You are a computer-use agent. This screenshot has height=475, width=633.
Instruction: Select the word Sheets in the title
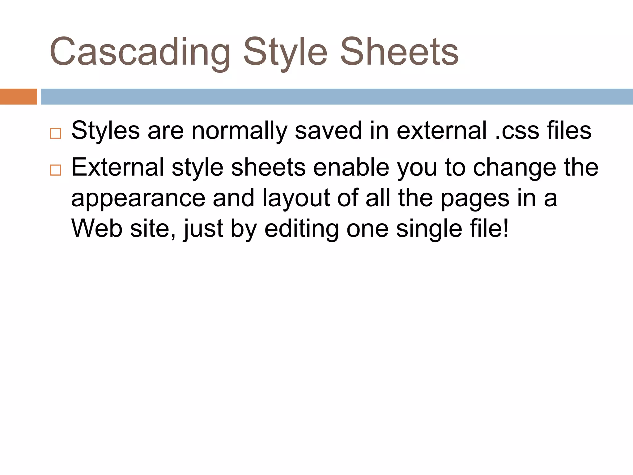[399, 52]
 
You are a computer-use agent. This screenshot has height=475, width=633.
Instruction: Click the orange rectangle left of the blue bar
[18, 96]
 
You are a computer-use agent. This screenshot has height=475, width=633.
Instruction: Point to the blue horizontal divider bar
[337, 96]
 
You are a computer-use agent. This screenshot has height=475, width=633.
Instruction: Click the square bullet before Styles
[55, 133]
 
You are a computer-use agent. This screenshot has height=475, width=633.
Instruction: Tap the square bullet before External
[55, 170]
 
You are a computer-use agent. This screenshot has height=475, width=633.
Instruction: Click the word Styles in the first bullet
[105, 131]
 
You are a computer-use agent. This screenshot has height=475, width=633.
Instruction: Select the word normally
[239, 131]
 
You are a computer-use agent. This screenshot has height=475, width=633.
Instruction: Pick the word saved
[328, 131]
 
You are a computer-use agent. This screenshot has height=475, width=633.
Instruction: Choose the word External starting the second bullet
[117, 167]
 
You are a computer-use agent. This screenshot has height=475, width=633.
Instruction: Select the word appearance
[138, 198]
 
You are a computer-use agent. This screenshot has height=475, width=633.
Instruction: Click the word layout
[296, 198]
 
